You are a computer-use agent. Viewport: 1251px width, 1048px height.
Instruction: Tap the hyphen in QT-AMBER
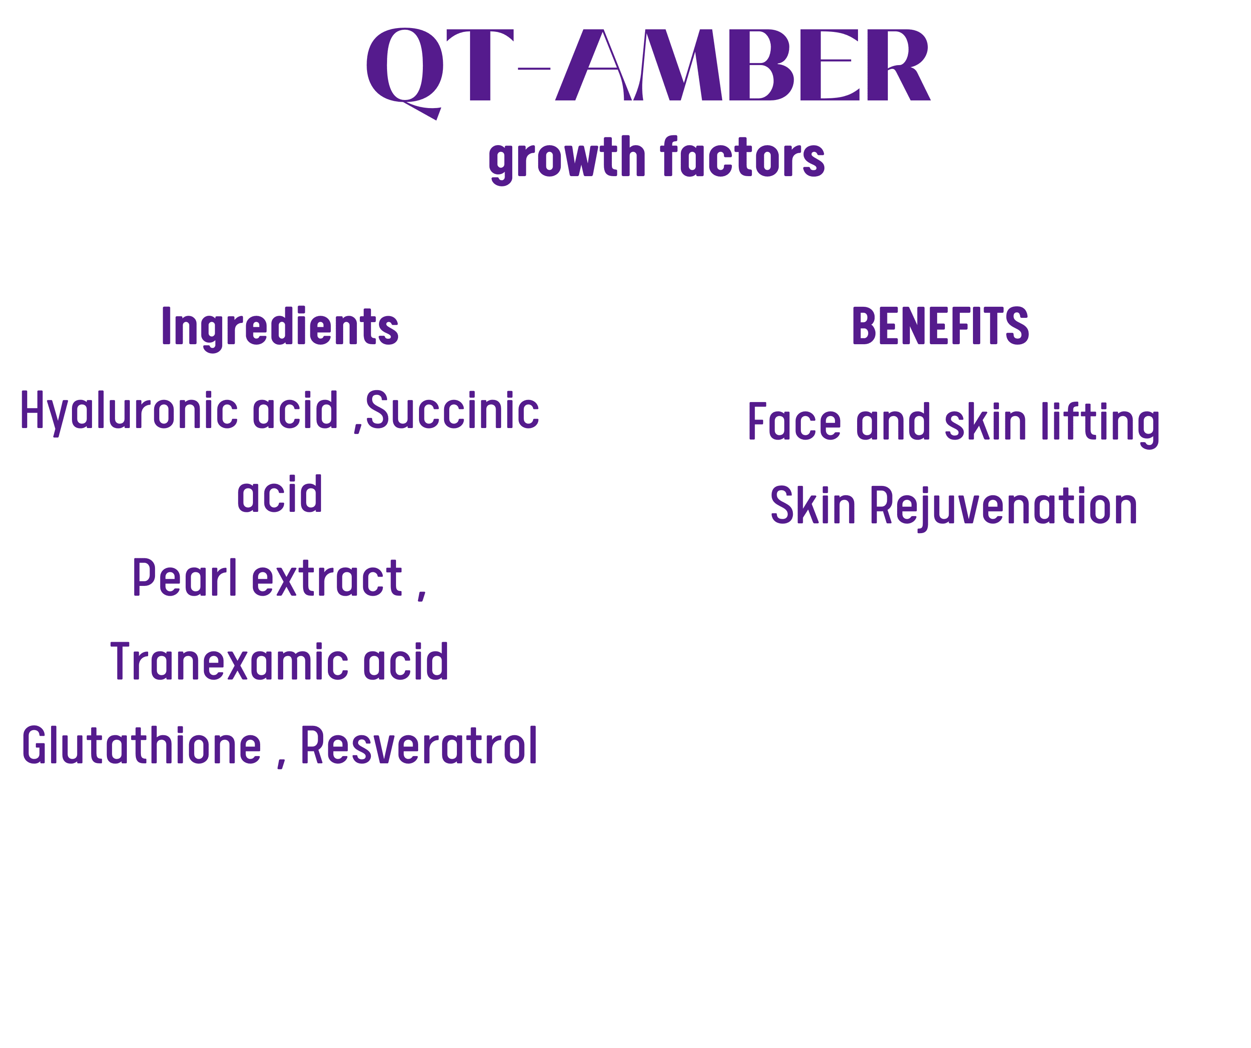(534, 69)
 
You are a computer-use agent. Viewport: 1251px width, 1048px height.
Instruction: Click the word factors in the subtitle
(742, 156)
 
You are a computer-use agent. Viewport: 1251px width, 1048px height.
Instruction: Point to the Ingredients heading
(280, 328)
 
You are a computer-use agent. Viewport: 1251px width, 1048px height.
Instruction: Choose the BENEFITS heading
(941, 326)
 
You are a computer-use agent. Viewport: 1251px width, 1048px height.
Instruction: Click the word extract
(327, 578)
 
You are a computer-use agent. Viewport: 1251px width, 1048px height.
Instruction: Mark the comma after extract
(422, 595)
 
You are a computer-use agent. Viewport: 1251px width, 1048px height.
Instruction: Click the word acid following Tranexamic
(406, 662)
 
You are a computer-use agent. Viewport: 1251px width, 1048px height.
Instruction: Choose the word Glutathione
(142, 745)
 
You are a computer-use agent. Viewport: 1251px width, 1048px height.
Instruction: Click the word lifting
(1100, 424)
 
